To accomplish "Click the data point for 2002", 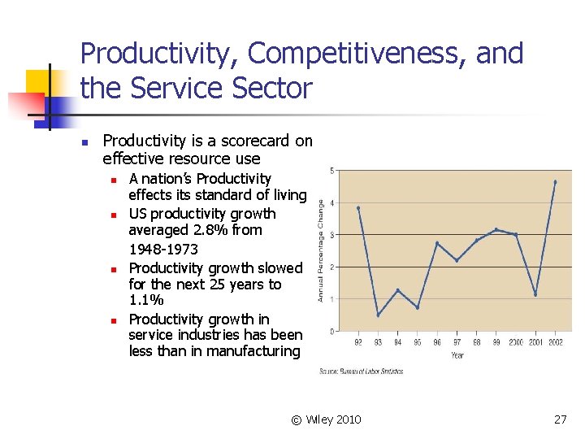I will [x=555, y=182].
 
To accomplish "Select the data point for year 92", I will [x=358, y=208].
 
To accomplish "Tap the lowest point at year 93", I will [x=378, y=315].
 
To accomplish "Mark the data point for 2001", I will [x=535, y=294].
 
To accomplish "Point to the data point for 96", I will [x=437, y=243].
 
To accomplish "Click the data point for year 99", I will [x=496, y=229].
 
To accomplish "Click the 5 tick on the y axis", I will [x=331, y=171].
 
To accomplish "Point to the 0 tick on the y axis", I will [x=331, y=331].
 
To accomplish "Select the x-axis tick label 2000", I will [x=515, y=343].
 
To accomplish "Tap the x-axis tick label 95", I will [x=418, y=343].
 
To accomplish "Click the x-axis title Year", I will [x=457, y=355].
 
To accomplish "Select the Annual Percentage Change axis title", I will [x=321, y=250].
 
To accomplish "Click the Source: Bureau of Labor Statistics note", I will [x=362, y=372].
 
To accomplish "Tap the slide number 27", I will [x=560, y=419].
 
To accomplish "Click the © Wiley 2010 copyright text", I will [x=326, y=419].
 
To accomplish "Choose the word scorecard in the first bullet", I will [x=242, y=141].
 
